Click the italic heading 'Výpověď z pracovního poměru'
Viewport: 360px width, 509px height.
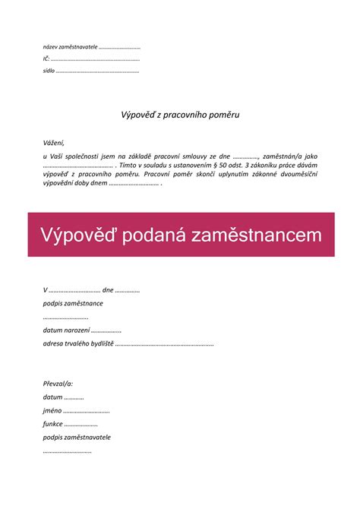180,115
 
